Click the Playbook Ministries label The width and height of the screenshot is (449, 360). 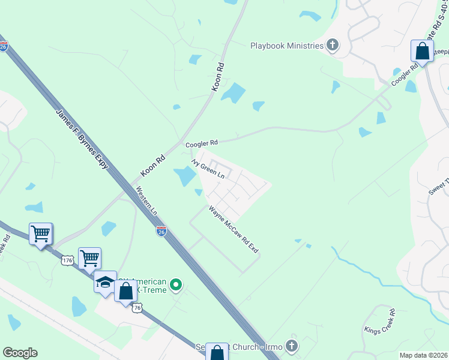point(287,45)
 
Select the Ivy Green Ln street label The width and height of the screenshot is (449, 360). point(208,169)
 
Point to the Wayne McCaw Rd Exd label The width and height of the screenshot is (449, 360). point(234,229)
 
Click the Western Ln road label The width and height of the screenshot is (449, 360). point(146,201)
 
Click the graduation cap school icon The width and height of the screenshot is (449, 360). point(104,283)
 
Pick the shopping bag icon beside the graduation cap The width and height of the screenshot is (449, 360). point(125,292)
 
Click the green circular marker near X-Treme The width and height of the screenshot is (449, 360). point(175,284)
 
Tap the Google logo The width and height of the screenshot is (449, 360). point(20,353)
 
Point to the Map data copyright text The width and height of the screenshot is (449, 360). point(423,355)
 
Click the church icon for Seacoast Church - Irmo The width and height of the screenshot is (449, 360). point(291,346)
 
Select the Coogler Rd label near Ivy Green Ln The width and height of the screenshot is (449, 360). point(201,143)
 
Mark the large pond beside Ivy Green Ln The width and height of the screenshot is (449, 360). point(184,176)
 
